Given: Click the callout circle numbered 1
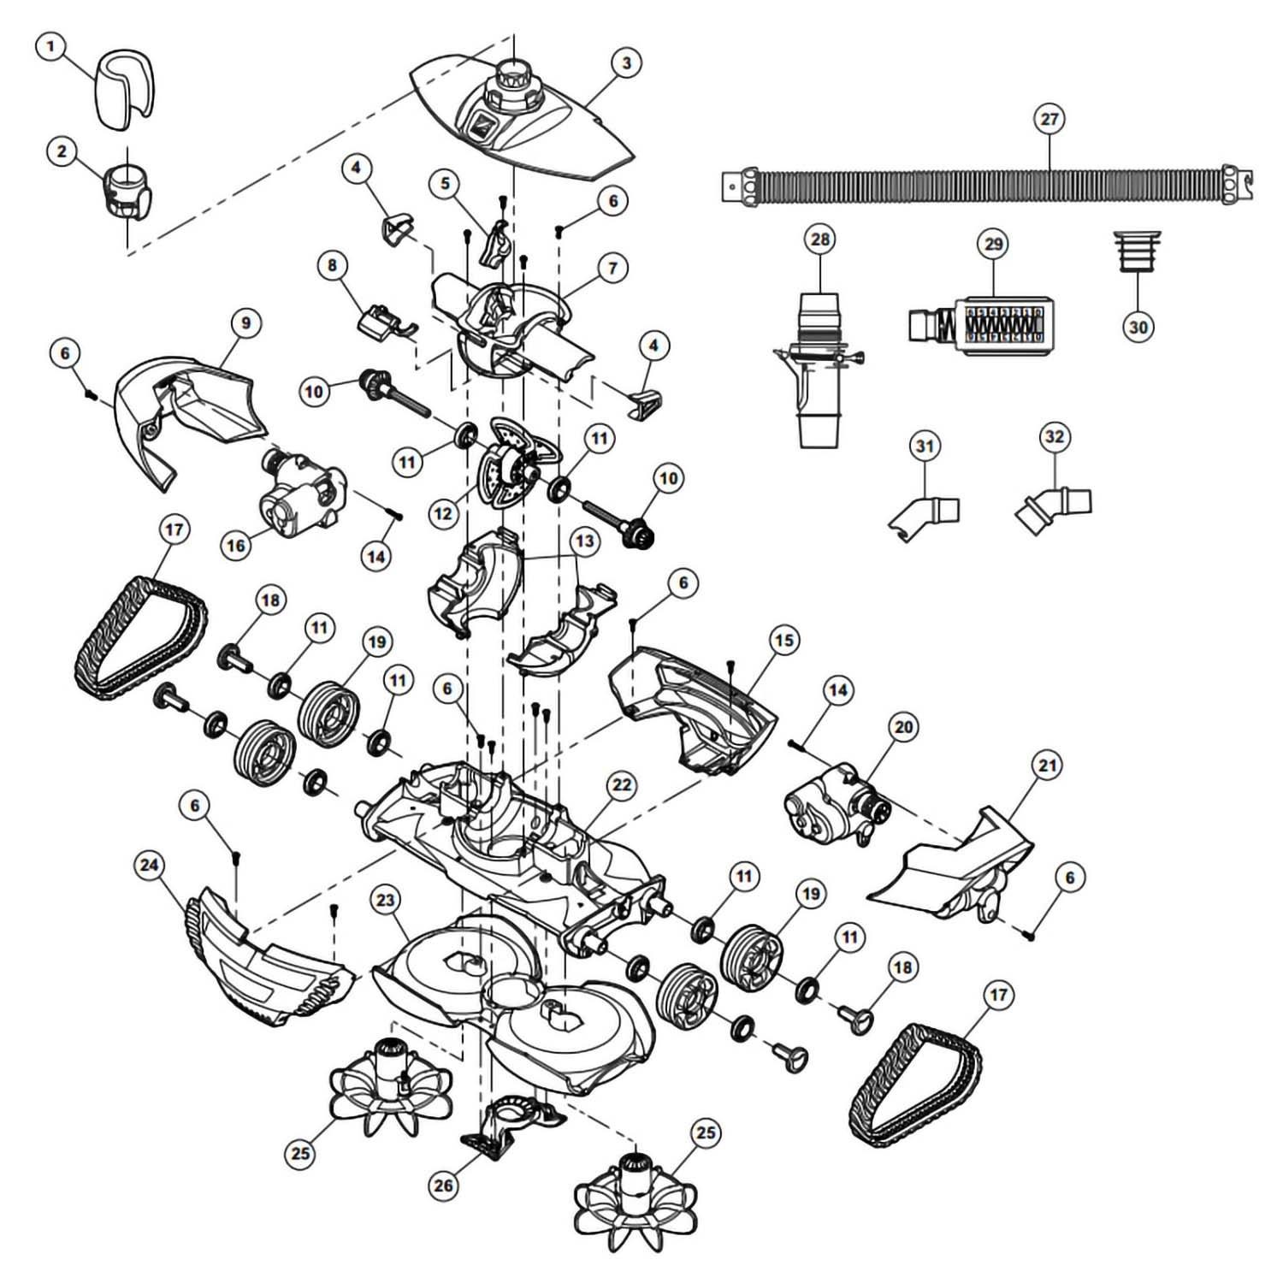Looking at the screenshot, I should click(x=50, y=45).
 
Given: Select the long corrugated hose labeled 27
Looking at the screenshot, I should click(x=984, y=186).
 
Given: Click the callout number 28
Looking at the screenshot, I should click(x=819, y=239).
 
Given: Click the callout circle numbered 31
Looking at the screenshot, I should click(x=925, y=446).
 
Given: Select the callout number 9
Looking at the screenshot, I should click(x=245, y=323).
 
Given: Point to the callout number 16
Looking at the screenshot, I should click(x=236, y=545).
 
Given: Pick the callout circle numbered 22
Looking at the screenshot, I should click(x=622, y=785).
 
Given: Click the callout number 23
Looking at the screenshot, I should click(x=386, y=899).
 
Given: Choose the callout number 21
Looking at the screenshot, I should click(x=1048, y=766).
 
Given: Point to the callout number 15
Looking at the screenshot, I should click(x=783, y=640).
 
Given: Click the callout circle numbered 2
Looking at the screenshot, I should click(x=61, y=152).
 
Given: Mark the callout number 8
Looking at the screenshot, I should click(x=333, y=265).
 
